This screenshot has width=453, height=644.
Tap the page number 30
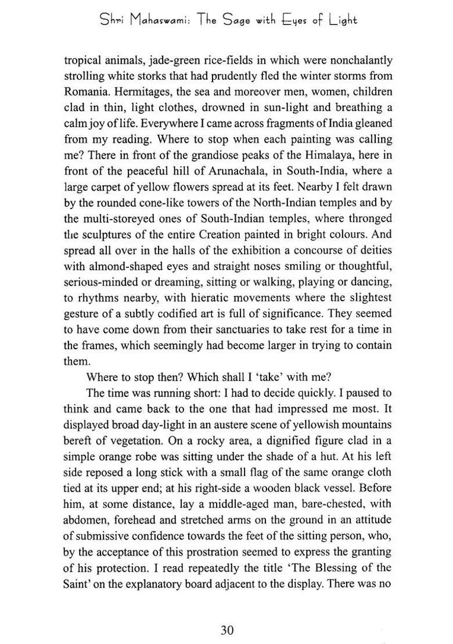[227, 629]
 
